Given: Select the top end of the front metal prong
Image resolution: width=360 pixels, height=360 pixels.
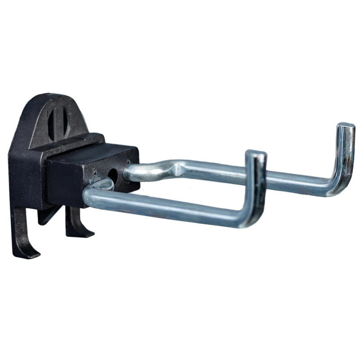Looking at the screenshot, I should (256, 154).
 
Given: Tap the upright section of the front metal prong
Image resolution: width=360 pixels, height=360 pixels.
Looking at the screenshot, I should (255, 189).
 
